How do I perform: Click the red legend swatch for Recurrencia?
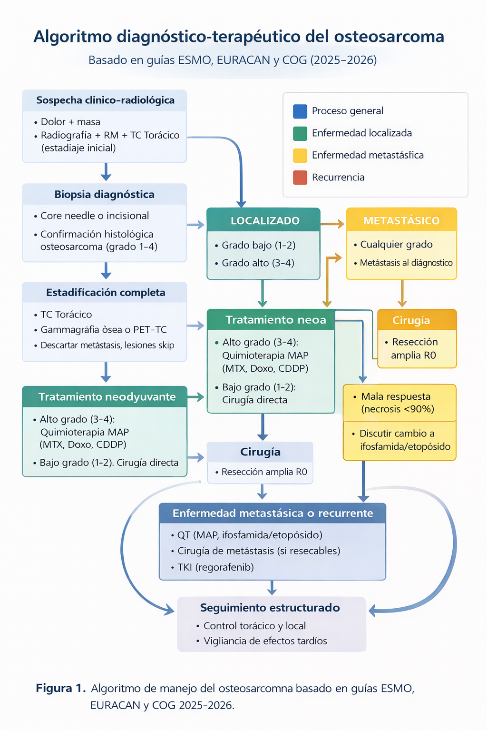tap(300, 178)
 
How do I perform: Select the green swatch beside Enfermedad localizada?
tap(300, 133)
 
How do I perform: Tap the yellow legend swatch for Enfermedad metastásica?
tap(300, 155)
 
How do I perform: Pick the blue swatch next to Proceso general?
tap(300, 111)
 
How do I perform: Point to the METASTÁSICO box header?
tap(401, 220)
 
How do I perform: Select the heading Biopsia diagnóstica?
tap(104, 194)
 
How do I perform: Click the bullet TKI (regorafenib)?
tap(215, 567)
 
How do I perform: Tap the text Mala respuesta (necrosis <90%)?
tap(397, 403)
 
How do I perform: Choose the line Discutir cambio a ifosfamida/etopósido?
tap(404, 440)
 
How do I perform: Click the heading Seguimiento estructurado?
tap(270, 608)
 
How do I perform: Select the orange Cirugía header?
tap(411, 320)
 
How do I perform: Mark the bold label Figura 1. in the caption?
tap(60, 688)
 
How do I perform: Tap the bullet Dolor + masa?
tap(70, 122)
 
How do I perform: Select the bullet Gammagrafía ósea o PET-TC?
tap(103, 329)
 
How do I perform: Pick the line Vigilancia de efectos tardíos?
tap(265, 641)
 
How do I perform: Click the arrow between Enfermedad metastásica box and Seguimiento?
tap(272, 588)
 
